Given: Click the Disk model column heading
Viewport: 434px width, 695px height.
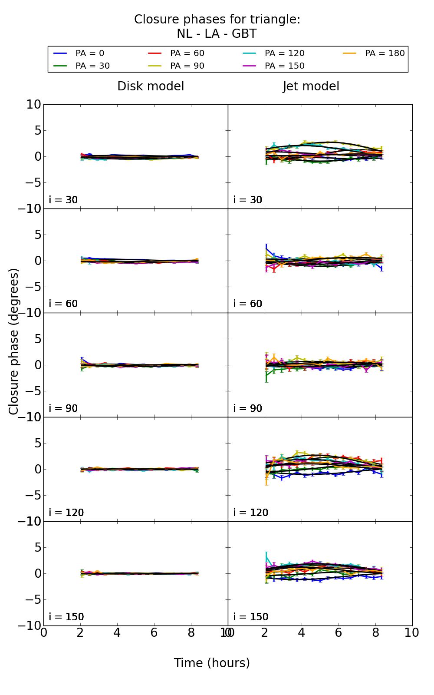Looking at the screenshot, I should pos(151,86).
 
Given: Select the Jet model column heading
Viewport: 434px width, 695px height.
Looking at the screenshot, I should pos(311,86).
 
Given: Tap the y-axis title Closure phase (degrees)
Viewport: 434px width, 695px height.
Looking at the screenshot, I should pos(14,341).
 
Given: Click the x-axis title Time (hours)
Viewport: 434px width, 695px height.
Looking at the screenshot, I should pos(212,663).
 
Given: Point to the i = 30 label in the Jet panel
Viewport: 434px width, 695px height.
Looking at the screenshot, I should pos(247,200).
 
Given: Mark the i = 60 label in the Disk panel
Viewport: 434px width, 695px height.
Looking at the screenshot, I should pos(63,304).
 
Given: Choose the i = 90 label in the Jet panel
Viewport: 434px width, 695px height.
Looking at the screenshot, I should pos(247,408).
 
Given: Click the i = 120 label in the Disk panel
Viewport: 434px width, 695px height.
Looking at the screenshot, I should pos(66,513).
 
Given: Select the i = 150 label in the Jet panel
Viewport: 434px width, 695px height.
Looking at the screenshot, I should pos(250,617).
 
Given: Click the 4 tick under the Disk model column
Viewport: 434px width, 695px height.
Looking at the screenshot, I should pos(117,633).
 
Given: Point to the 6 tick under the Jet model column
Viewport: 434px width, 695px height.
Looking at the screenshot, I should pos(339,633).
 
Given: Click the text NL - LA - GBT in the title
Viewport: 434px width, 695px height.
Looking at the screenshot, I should pos(217,34).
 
